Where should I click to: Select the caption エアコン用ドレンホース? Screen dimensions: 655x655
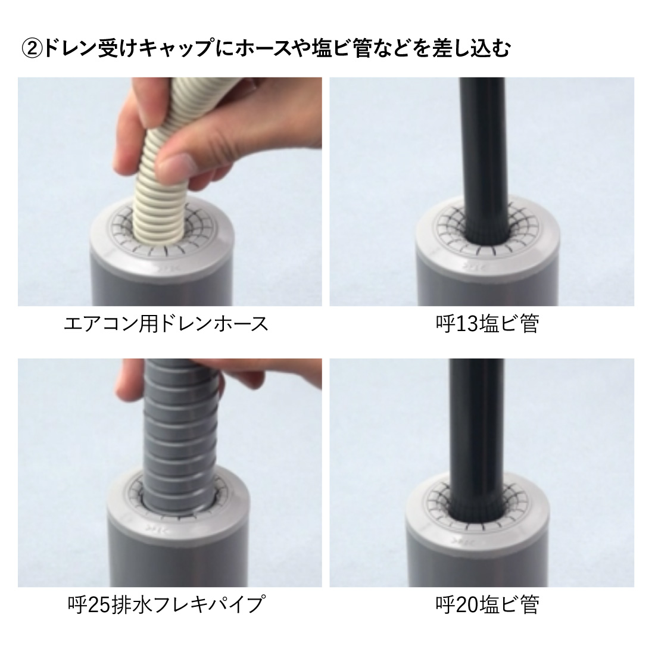click(x=166, y=324)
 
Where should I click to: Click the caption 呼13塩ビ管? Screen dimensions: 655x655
click(x=487, y=324)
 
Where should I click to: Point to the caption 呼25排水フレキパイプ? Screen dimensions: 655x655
click(x=166, y=605)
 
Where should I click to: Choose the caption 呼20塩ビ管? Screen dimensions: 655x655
click(x=487, y=605)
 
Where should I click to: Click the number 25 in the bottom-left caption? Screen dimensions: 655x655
click(x=98, y=605)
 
